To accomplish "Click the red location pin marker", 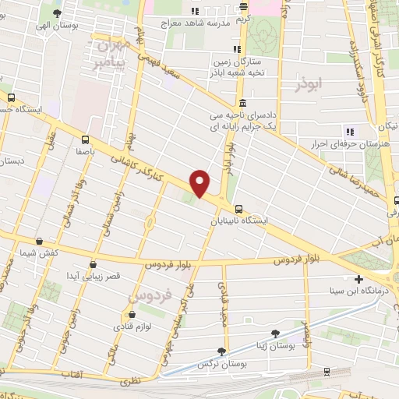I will [200, 182].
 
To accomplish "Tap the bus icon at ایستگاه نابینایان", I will [238, 209].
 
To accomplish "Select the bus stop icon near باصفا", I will [85, 139].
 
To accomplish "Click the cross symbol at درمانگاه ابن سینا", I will [358, 278].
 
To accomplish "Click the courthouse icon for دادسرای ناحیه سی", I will [243, 103].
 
